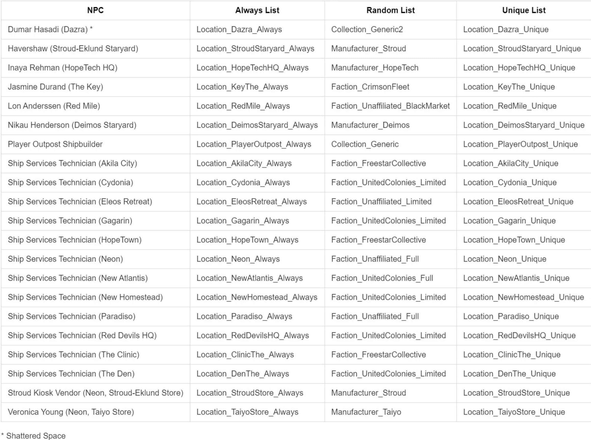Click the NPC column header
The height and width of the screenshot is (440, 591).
95,10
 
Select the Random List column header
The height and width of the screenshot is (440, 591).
390,10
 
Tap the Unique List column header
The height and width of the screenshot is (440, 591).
524,10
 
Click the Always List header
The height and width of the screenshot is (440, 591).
257,10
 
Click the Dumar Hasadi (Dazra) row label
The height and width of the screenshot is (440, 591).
50,30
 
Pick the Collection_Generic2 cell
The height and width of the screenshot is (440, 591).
367,30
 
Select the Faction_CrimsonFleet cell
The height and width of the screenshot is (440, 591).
370,87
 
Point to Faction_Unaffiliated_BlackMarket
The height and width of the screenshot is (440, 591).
390,106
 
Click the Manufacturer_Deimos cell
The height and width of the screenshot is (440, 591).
370,125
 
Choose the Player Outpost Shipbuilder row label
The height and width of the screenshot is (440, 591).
55,144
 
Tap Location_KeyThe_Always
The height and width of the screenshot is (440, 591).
242,87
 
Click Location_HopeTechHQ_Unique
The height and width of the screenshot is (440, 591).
519,68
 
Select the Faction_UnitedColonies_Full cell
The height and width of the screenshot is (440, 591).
382,278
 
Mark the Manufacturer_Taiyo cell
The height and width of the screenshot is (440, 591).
366,412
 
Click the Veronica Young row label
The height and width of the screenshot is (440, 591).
71,412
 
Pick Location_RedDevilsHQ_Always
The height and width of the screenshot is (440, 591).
253,336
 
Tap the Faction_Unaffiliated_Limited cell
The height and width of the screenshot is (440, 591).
381,202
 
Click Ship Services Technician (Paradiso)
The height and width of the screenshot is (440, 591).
72,316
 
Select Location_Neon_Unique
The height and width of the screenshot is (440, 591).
505,259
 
